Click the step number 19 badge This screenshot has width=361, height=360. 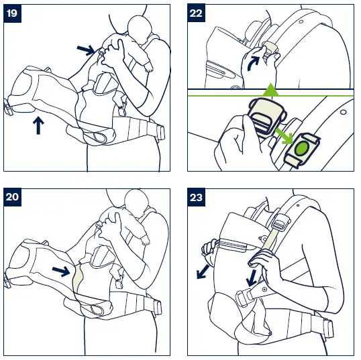pos(13,13)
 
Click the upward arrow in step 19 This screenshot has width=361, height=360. pos(38,125)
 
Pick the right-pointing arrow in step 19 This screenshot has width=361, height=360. pos(86,49)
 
